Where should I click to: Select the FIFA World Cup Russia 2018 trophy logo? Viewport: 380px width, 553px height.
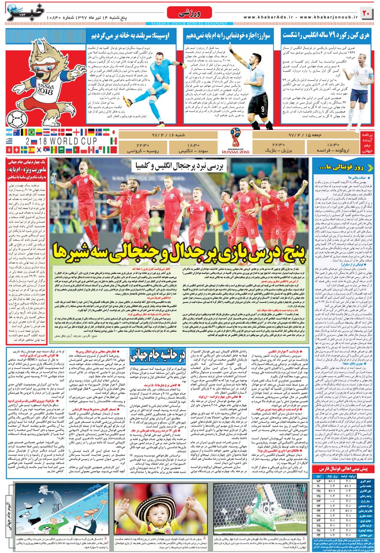point(235,140)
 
